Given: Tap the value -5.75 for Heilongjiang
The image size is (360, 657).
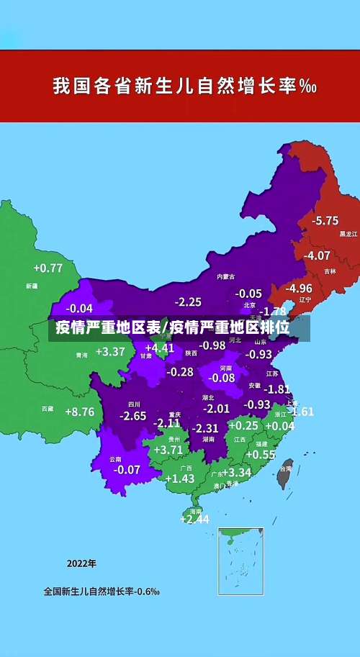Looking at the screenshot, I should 325,220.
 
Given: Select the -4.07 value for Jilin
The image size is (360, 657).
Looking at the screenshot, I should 317,255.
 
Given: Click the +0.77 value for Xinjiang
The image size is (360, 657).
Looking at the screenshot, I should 48,268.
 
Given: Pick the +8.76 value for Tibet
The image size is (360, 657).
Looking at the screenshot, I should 79,412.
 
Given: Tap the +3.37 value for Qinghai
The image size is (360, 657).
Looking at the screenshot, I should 110,352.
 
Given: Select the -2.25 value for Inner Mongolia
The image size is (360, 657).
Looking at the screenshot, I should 188,302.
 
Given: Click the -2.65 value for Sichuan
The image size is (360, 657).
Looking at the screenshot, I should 133,416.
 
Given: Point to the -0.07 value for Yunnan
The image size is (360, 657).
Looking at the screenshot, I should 127,469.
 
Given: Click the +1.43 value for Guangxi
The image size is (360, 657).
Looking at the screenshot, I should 180,479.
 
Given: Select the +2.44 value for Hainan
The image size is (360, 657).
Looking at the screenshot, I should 194,519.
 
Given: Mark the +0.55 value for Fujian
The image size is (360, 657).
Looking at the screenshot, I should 261,455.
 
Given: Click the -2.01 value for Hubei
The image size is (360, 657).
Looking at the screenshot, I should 216,409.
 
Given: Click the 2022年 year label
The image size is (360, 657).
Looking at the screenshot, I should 81,563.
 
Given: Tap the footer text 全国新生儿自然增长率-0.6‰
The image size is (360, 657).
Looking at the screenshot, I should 102,592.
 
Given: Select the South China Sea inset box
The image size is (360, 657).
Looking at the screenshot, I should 240,561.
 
